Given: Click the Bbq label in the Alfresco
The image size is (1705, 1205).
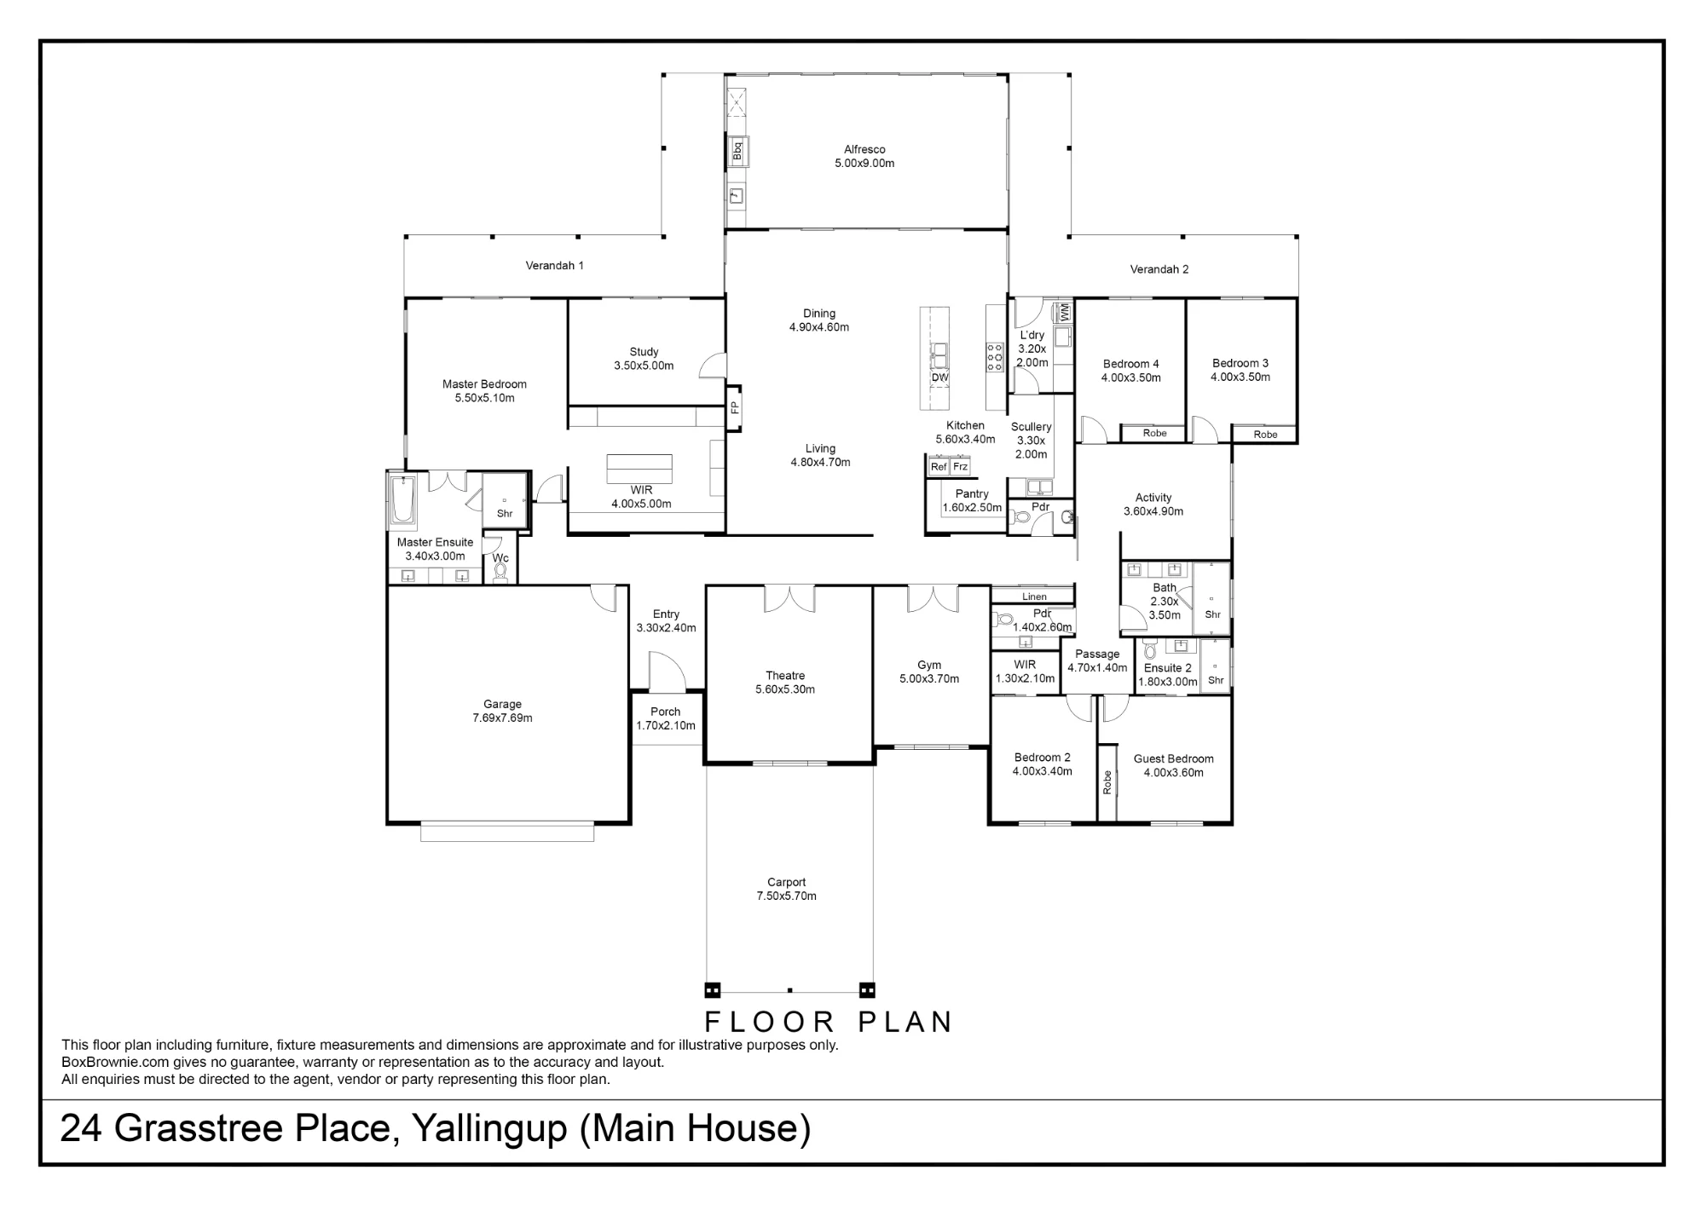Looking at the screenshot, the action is [737, 152].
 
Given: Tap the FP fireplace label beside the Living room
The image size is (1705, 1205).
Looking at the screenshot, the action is [734, 408].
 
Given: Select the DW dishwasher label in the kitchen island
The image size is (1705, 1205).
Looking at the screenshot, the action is [939, 378].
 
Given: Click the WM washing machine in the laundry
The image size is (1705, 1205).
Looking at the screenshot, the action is [1064, 312].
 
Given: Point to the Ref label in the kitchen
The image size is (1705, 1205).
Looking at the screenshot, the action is [939, 467].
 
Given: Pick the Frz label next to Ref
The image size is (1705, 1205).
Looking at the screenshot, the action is [960, 467].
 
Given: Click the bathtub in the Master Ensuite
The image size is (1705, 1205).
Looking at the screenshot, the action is [402, 501].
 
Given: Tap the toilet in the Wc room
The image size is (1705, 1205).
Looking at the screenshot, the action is [500, 572].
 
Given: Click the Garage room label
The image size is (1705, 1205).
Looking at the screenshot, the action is [502, 704].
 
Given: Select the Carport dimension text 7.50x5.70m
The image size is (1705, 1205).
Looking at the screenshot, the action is [786, 896].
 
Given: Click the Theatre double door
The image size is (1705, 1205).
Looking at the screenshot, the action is [789, 599].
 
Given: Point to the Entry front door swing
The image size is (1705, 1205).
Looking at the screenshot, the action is [667, 672].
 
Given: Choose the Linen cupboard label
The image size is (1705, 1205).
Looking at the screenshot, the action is [1034, 597].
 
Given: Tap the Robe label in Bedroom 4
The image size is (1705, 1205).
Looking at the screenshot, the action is [1155, 433].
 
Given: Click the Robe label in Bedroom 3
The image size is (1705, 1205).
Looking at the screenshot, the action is [1266, 435].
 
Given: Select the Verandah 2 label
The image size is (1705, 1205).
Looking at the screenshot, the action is [1159, 269].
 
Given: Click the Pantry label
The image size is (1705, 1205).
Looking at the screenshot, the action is [972, 493].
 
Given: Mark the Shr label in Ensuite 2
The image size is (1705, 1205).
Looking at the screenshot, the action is [1216, 680].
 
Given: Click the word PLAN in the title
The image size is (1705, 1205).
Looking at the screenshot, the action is [905, 1022].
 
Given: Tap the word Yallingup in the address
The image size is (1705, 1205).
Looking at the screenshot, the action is [489, 1128].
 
